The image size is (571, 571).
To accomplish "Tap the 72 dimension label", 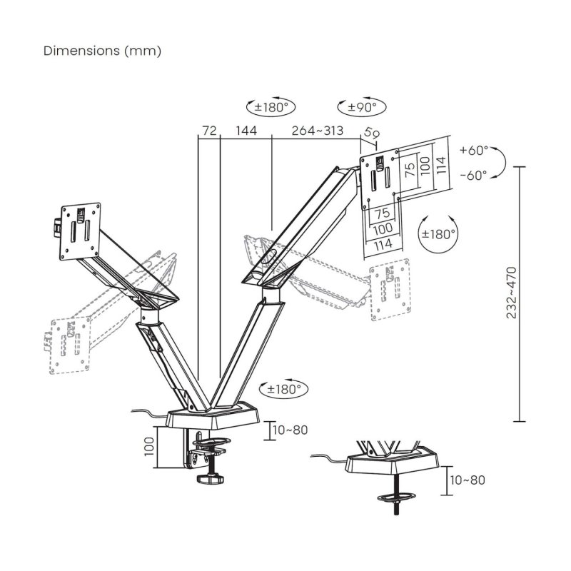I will tap(209, 131).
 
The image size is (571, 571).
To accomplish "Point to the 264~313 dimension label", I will tap(317, 131).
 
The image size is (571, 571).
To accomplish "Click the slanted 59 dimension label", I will tap(371, 133).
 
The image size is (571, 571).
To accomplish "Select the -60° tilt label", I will tap(473, 174).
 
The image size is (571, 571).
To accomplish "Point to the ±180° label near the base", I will tap(285, 389).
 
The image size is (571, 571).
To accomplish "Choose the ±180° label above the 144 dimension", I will tap(271, 108).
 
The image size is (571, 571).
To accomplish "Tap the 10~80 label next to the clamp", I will tap(291, 430).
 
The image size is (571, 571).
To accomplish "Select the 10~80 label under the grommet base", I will tap(467, 480).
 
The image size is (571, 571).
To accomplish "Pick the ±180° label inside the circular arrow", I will tap(438, 234).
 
